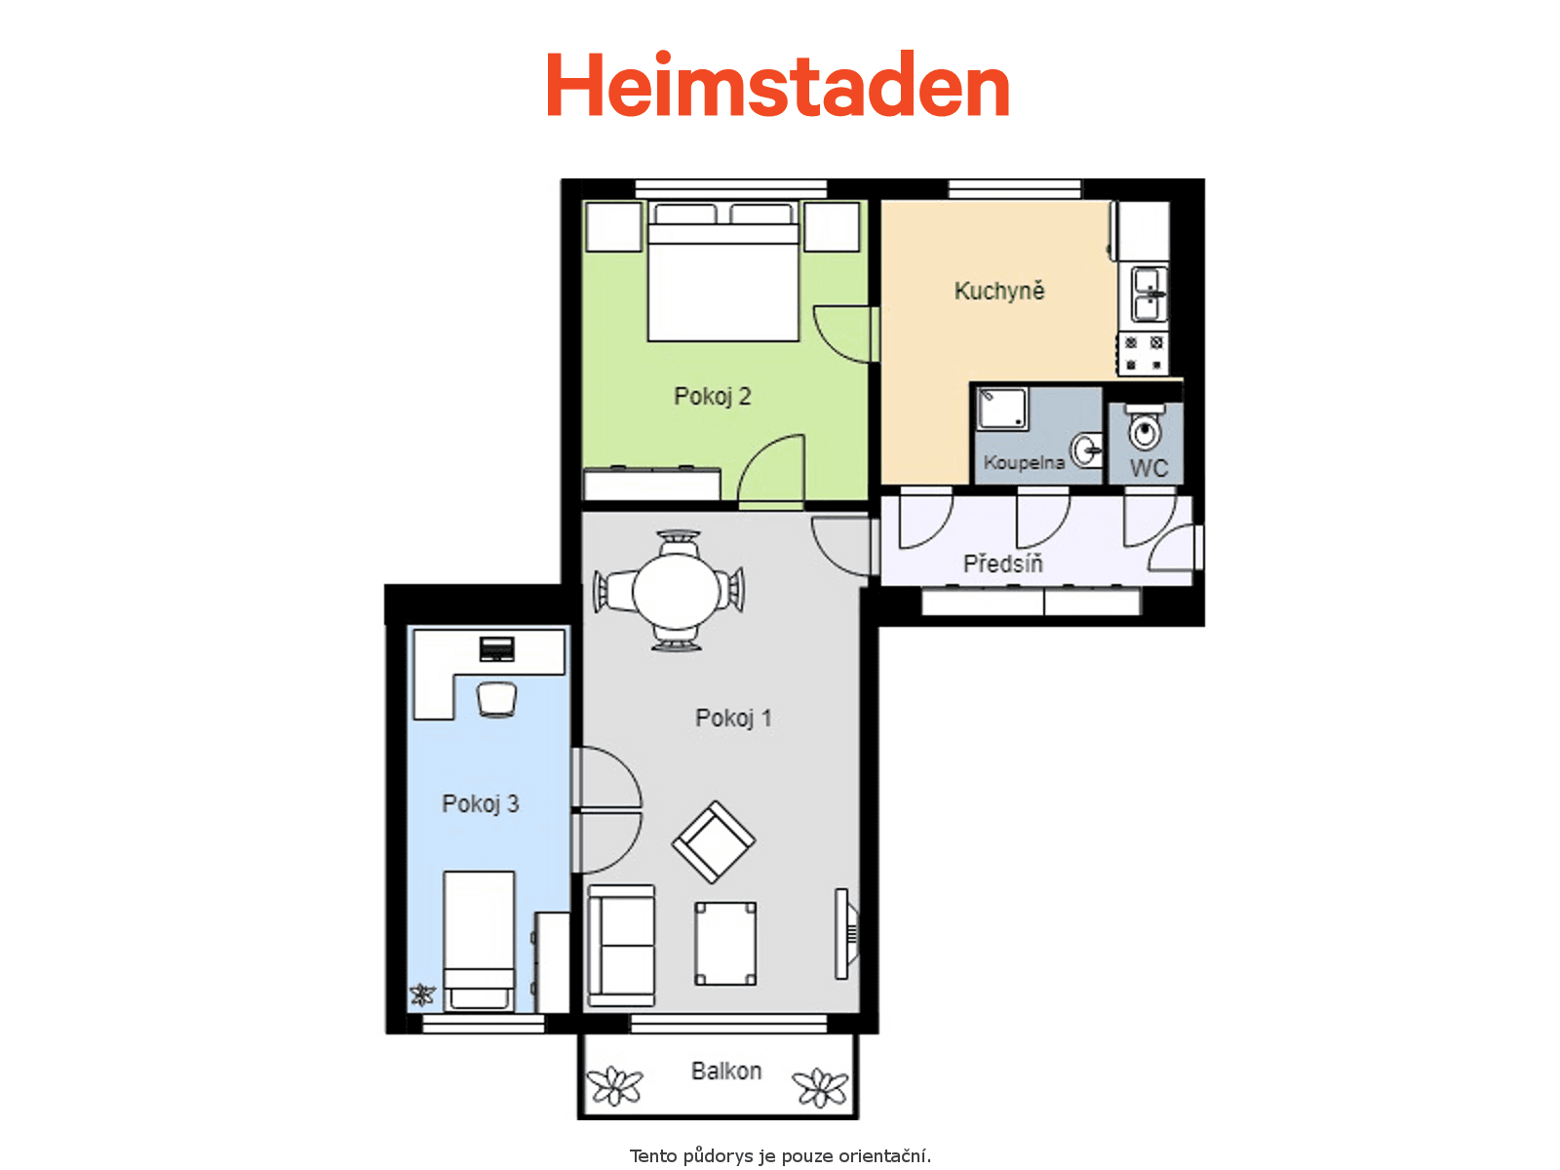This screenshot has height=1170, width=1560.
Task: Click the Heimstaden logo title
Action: [777, 84]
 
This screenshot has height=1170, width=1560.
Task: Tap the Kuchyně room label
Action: [998, 291]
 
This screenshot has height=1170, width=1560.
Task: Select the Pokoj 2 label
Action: [712, 397]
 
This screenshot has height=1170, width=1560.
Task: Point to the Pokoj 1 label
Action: [733, 719]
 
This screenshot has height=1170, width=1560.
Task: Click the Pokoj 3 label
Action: [481, 804]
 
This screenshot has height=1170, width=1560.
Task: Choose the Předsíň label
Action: [1003, 564]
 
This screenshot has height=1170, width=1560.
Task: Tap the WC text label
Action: [1149, 468]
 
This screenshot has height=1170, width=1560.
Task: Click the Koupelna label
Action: [1024, 462]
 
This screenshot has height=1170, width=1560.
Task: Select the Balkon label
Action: [726, 1071]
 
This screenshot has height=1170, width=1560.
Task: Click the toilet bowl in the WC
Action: [1145, 428]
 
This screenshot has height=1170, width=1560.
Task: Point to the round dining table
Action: [676, 590]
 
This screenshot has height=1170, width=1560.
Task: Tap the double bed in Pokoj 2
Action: [723, 272]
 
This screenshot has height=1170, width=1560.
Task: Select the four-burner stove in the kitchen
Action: [1143, 354]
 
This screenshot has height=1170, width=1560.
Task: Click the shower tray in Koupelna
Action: [1002, 409]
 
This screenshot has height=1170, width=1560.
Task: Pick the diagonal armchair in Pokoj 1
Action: [713, 842]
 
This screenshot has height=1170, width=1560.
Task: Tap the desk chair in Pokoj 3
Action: [496, 700]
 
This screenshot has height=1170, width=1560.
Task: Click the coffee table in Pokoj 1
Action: [725, 944]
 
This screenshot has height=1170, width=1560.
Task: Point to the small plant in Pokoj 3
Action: [422, 994]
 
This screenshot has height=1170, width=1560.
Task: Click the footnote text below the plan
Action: [780, 1155]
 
